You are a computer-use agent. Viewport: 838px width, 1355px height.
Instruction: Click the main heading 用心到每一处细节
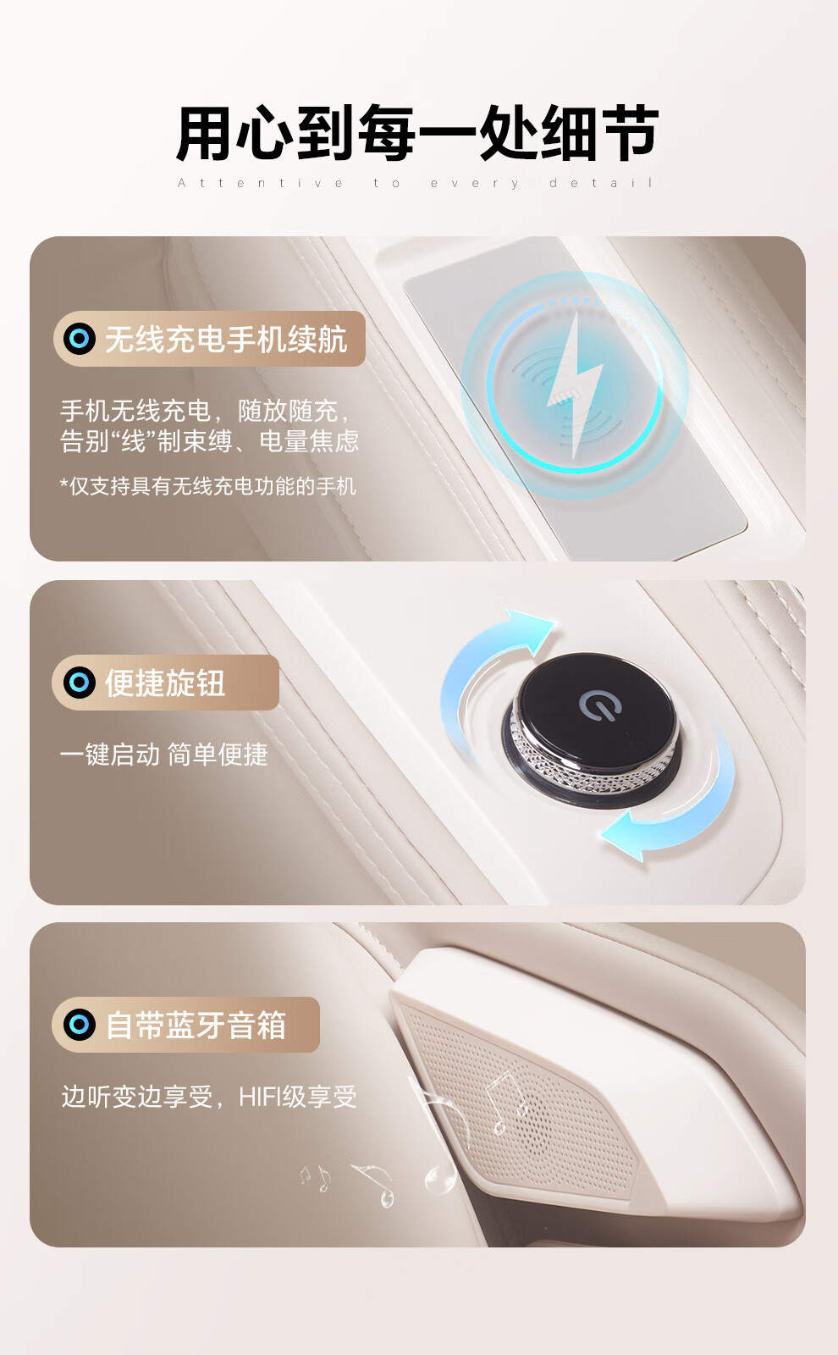coord(417,133)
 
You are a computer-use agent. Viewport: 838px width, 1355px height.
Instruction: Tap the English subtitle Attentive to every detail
coord(416,183)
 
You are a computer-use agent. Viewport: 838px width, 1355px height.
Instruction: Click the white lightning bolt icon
coord(576,384)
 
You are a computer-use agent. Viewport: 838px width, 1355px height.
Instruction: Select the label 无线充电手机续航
coord(226,339)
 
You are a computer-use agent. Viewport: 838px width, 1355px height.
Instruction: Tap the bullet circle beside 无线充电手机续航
coord(80,338)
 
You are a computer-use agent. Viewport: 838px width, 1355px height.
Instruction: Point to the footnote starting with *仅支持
coord(208,486)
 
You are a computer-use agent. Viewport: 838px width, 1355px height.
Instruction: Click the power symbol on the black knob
coord(600,706)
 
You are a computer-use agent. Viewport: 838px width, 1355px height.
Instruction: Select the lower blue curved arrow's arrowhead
coord(624,836)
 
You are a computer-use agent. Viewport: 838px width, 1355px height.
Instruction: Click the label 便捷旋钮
coord(165,683)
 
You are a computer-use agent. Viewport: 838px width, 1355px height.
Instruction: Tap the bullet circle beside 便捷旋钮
coord(80,683)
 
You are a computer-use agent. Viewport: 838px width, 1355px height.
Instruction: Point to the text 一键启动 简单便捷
coord(164,755)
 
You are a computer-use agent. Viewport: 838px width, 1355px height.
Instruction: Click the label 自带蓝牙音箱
coord(196,1026)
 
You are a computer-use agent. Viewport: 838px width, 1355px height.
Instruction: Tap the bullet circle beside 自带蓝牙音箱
coord(80,1025)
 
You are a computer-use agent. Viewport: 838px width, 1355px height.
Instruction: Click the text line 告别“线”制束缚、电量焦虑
coord(210,441)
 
